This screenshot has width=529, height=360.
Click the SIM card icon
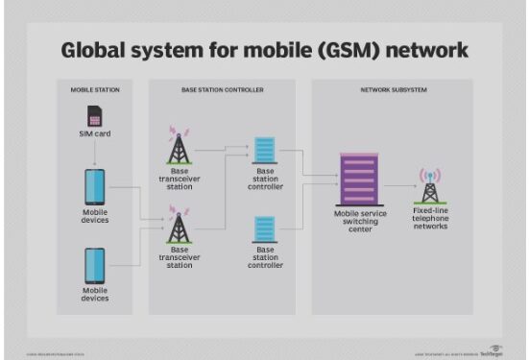pos(94,117)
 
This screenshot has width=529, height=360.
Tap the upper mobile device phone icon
pos(94,185)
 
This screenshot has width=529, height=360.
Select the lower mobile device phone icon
pos(94,265)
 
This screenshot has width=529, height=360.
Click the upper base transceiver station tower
pos(178,146)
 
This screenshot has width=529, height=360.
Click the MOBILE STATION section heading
pos(94,89)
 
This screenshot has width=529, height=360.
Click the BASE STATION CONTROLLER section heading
pos(223,89)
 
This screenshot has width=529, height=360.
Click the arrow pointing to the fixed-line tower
pos(400,188)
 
